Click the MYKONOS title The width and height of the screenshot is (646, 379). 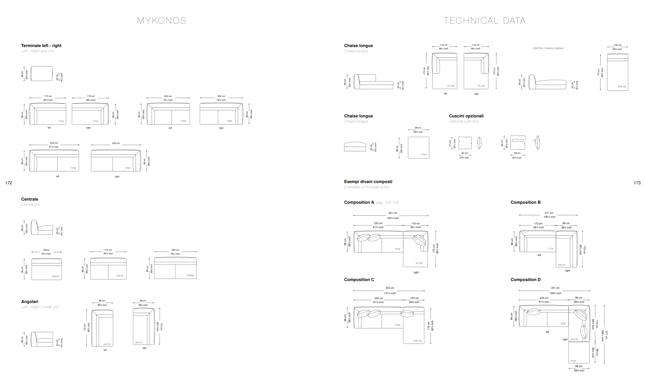(x=161, y=21)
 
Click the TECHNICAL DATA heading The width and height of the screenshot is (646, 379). (x=485, y=21)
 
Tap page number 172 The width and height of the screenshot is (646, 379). (x=9, y=183)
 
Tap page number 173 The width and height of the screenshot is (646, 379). (x=637, y=183)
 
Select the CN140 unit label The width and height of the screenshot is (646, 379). (x=55, y=276)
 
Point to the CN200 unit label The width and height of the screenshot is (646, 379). (x=190, y=275)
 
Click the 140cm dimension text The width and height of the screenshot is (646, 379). (x=46, y=250)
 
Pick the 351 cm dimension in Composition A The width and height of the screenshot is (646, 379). (x=393, y=213)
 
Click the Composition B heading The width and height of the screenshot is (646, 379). (x=526, y=202)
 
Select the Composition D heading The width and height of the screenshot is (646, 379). (x=526, y=279)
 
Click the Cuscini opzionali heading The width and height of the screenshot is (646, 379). (x=466, y=116)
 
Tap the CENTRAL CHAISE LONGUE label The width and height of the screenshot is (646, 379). (x=548, y=48)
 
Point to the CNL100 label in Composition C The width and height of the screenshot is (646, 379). (x=418, y=341)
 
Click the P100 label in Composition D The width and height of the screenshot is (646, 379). (x=573, y=361)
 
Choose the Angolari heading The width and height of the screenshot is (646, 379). (x=30, y=302)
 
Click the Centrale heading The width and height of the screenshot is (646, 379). (x=30, y=199)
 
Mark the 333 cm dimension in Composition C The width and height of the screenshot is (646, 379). (x=390, y=288)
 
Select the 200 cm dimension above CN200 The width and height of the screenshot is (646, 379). (x=175, y=250)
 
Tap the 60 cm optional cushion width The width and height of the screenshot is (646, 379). (x=464, y=153)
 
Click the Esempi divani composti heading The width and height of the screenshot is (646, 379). (x=368, y=182)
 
